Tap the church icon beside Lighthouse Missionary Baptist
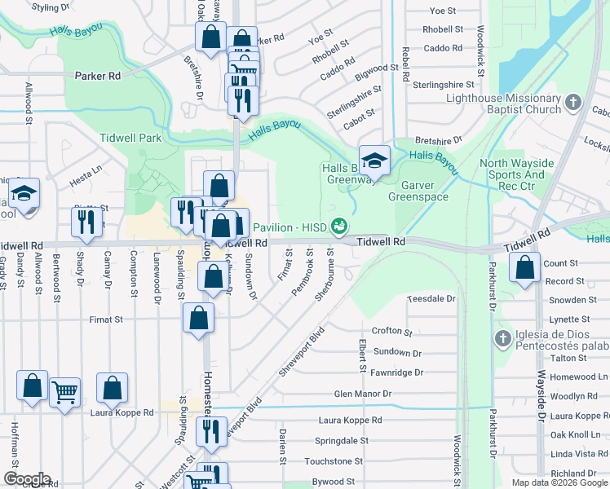pos(573,104)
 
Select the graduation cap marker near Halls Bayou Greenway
pos(374,160)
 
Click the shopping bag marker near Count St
pos(525,267)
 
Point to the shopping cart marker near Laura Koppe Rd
pos(64,392)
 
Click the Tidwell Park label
pos(130,139)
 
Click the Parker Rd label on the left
pos(98,76)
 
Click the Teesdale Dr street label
pos(431,299)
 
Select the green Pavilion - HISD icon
pos(339,226)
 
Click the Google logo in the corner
pos(27,479)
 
